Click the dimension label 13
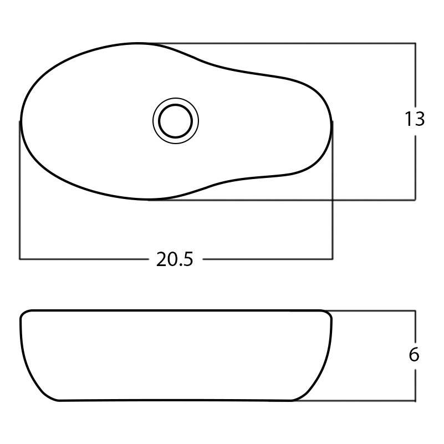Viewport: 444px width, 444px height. pyautogui.click(x=414, y=119)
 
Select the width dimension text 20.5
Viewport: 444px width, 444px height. pyautogui.click(x=175, y=259)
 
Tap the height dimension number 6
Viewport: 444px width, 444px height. pyautogui.click(x=414, y=355)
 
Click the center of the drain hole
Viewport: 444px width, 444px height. pyautogui.click(x=176, y=121)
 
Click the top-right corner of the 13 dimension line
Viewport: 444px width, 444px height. pyautogui.click(x=415, y=43)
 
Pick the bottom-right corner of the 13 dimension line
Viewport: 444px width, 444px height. pyautogui.click(x=415, y=200)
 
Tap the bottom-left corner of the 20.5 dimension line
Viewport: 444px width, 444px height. pyautogui.click(x=20, y=259)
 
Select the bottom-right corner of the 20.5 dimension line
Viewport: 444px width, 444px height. pyautogui.click(x=332, y=259)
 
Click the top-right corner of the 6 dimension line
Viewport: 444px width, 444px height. pyautogui.click(x=415, y=311)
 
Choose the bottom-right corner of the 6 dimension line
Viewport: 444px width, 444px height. pyautogui.click(x=415, y=400)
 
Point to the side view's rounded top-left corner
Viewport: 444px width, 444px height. pyautogui.click(x=24, y=314)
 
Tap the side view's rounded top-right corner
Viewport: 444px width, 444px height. pyautogui.click(x=329, y=314)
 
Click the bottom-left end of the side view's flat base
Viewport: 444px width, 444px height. pyautogui.click(x=59, y=400)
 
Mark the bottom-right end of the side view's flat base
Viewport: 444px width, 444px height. pyautogui.click(x=292, y=400)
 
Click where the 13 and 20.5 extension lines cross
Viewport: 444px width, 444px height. pyautogui.click(x=332, y=200)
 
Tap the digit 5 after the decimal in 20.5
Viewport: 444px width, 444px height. pyautogui.click(x=188, y=259)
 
